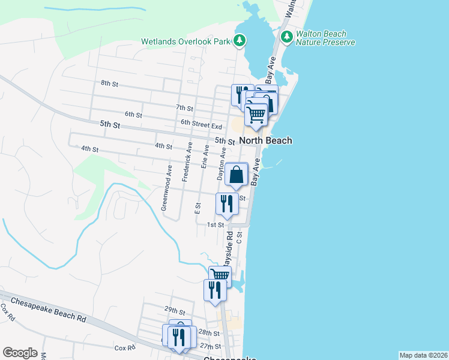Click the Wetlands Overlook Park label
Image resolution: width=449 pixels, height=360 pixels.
coord(185,42)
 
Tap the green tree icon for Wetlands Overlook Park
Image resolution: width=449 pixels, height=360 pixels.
coord(240,40)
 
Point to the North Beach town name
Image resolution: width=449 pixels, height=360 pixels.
coord(266,140)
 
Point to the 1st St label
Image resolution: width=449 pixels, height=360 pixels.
coord(215,224)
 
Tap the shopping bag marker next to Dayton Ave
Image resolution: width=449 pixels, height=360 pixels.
coord(238,175)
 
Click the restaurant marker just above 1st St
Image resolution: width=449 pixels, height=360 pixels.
coord(227,203)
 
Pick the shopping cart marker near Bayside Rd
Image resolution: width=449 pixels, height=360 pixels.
coord(220,276)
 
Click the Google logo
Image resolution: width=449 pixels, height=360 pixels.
coord(20,353)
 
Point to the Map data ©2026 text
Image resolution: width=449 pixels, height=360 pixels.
coord(424,355)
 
